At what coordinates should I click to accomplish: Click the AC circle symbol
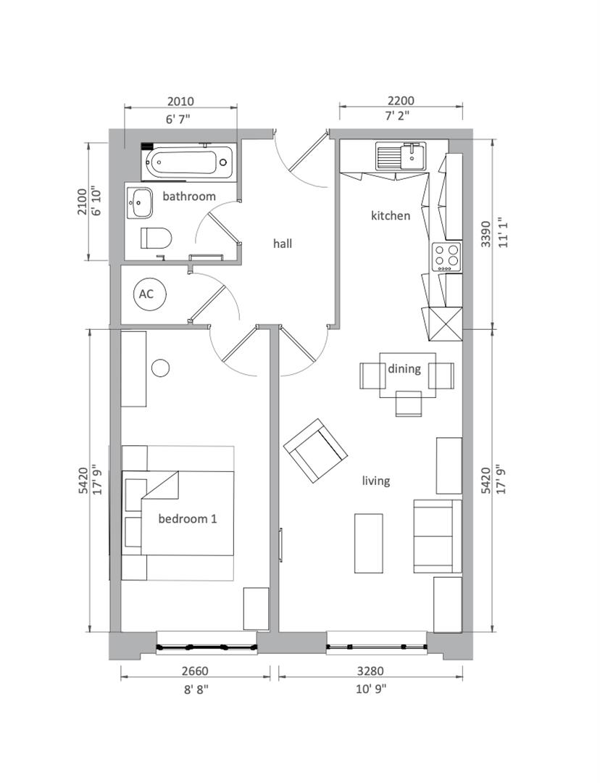[150, 294]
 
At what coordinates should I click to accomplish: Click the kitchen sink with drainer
[401, 157]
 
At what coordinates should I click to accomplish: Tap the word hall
[283, 244]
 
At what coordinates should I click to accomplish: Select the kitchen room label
[391, 216]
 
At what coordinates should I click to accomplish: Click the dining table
[407, 375]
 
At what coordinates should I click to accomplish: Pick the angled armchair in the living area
[315, 450]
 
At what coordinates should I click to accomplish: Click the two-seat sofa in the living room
[437, 536]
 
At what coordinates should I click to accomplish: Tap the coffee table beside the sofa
[368, 543]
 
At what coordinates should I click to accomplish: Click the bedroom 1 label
[188, 519]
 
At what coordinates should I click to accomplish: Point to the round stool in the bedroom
[161, 368]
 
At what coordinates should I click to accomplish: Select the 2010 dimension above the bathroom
[180, 101]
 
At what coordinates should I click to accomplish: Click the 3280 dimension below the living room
[370, 671]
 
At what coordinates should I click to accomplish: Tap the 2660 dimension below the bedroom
[195, 671]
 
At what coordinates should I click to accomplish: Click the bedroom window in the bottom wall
[207, 648]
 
